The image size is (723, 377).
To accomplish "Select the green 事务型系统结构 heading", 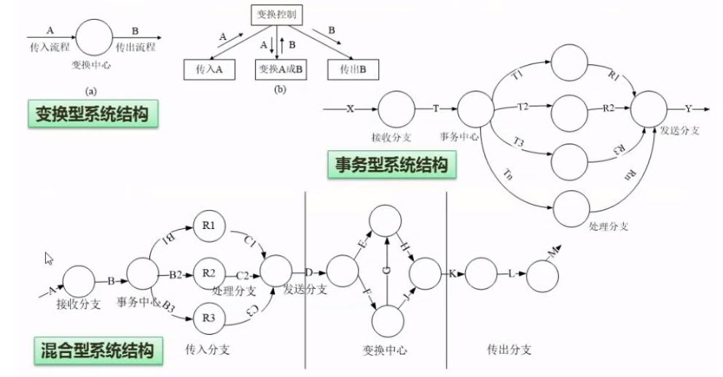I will tap(391, 165).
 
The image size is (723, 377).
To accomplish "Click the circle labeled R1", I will tap(208, 226).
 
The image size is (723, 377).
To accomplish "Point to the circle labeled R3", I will tap(208, 317).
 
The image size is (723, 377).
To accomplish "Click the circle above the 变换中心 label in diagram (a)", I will tap(95, 37).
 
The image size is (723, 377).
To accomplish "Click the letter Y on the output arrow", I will tap(689, 109).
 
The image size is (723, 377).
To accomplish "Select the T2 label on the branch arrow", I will tap(523, 107).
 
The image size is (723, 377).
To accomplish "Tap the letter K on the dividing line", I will tap(453, 273).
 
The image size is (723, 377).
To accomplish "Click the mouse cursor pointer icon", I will tap(49, 257).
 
